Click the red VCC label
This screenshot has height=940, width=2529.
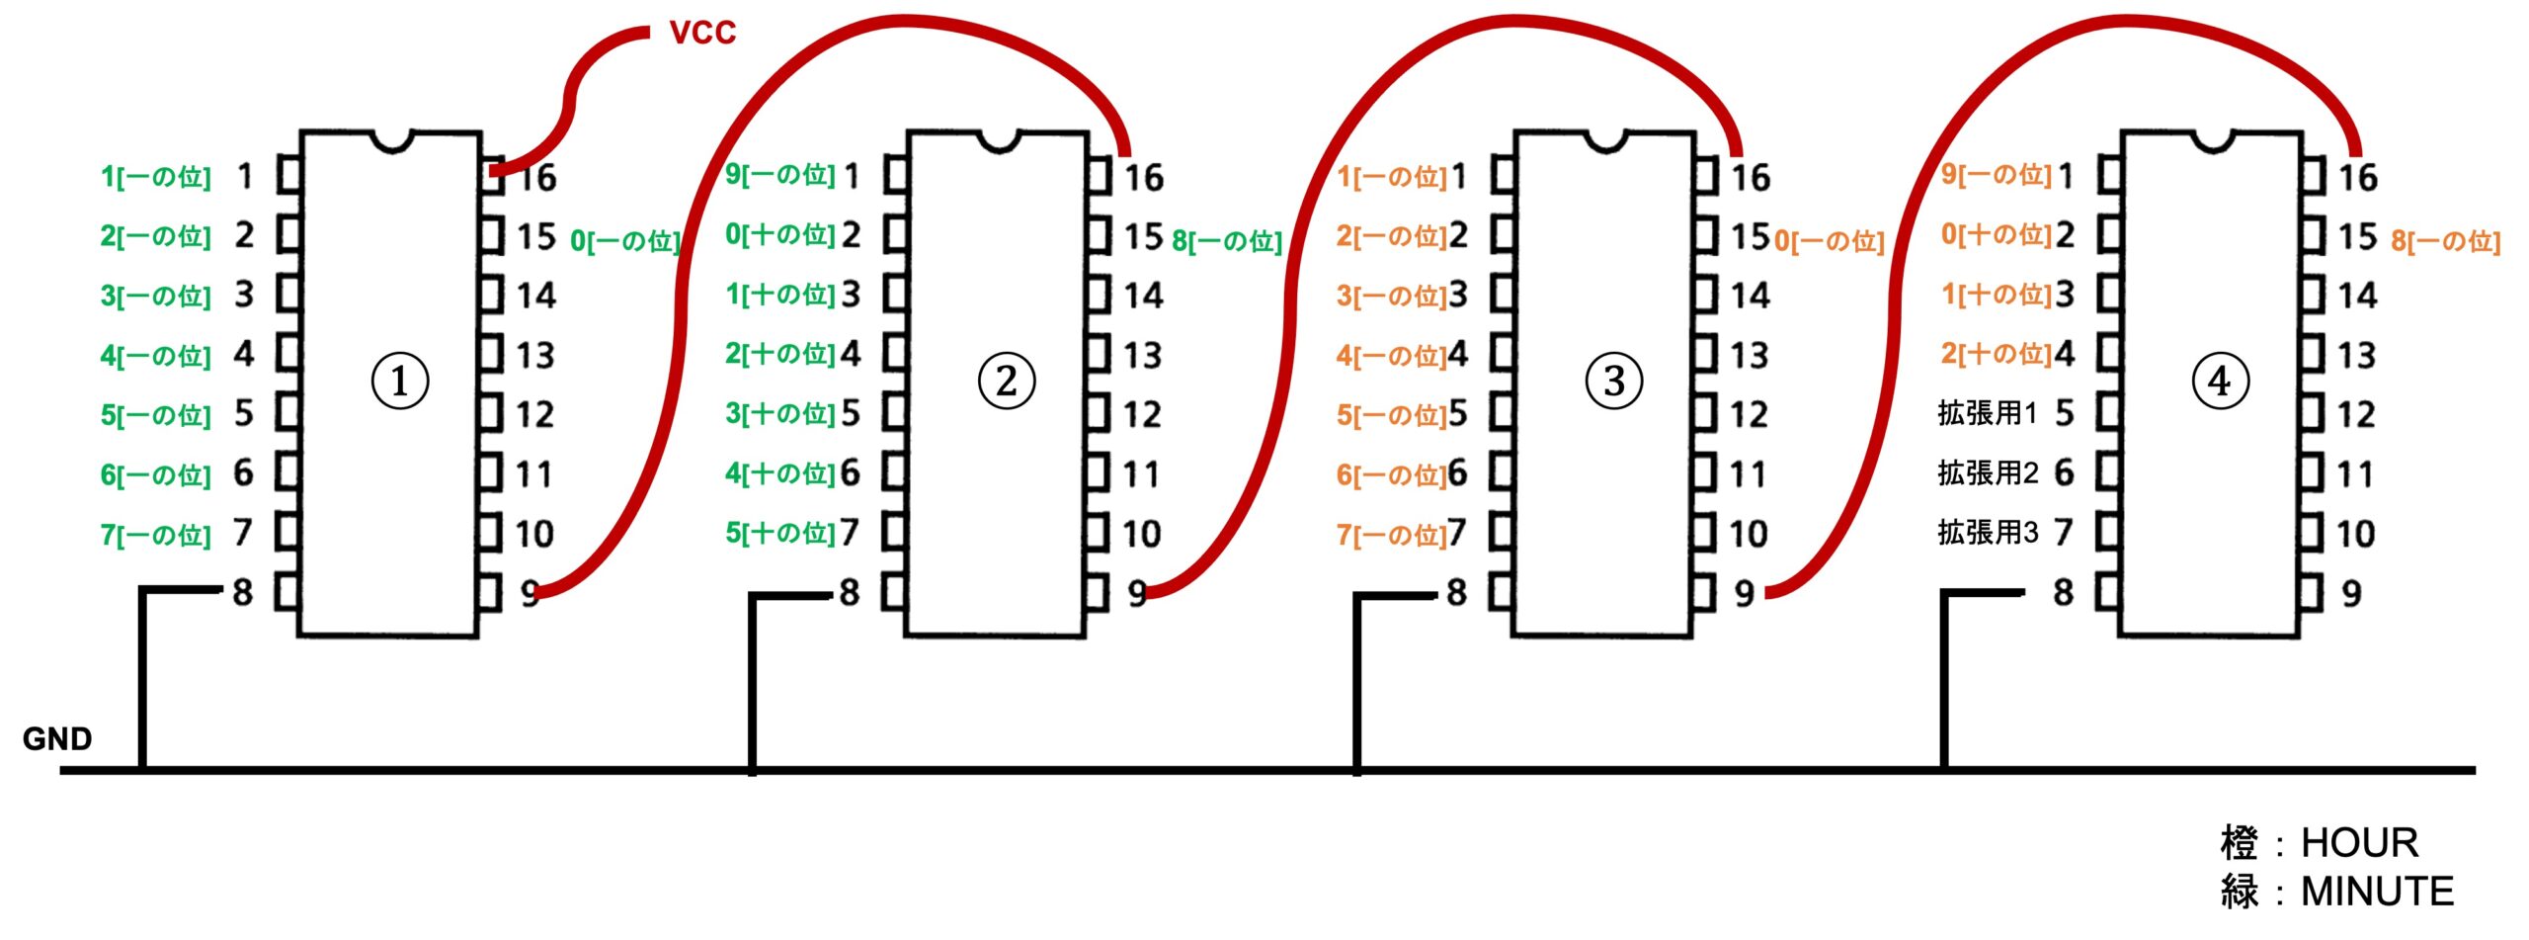pos(702,33)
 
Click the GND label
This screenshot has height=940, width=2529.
pos(57,738)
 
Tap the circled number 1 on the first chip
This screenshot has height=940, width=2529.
pos(399,382)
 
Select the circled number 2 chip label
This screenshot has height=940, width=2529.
pos(1006,382)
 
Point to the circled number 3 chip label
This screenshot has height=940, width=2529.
pos(1613,382)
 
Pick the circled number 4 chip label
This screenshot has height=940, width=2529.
pos(2220,382)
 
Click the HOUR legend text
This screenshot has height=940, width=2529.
pos(2359,843)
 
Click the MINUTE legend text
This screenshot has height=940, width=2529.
pos(2377,892)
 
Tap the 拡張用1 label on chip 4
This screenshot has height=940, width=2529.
pos(1987,413)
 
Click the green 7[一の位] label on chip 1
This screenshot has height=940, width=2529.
pos(155,535)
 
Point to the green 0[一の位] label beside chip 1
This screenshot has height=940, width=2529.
pos(625,241)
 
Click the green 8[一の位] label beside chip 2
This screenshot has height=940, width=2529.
pos(1227,241)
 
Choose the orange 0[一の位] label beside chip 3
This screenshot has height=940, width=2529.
pos(1830,241)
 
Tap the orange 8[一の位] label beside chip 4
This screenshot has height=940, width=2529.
pos(2445,241)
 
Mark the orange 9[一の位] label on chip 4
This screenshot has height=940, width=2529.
pos(1996,175)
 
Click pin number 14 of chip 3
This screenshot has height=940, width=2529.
pos(1750,296)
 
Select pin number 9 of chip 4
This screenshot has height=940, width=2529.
pos(2351,593)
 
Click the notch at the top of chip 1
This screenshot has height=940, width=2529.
pos(392,141)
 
